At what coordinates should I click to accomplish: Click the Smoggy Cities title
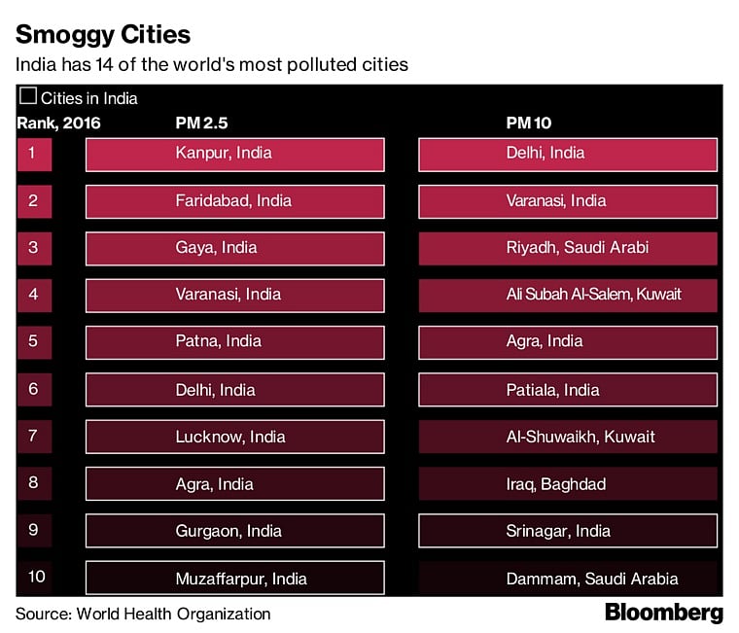point(102,36)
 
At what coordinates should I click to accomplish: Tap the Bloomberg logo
point(664,613)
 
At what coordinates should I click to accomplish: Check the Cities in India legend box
point(29,96)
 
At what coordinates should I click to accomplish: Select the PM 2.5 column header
point(201,123)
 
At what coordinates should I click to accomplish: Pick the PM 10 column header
point(530,123)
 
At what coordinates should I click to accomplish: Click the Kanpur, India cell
point(234,154)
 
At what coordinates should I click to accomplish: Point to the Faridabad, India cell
point(234,201)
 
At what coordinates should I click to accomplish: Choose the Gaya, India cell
point(234,248)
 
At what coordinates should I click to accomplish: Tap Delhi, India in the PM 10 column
point(568,154)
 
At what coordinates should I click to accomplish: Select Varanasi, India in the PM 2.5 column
point(234,295)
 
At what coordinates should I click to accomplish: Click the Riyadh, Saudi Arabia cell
point(568,248)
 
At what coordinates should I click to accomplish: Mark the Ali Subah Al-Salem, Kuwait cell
point(568,295)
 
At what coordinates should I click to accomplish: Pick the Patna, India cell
point(234,342)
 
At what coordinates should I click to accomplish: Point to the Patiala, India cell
point(568,390)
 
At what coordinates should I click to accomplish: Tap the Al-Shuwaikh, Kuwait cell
point(568,437)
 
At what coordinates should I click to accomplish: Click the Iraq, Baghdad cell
point(568,483)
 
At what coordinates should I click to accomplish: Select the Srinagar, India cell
point(568,531)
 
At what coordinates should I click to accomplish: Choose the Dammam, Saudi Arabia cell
point(568,579)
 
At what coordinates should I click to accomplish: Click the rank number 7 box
point(34,437)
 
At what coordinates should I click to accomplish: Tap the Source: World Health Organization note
point(143,614)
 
